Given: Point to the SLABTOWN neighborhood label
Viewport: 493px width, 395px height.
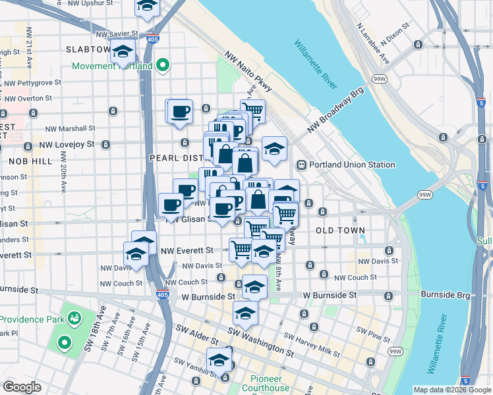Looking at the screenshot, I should tap(88, 49).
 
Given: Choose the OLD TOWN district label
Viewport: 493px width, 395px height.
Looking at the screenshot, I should tap(340, 230).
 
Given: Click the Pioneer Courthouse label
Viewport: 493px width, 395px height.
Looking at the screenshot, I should tap(270, 383).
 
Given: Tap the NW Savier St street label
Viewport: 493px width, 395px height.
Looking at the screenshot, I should tap(117, 34).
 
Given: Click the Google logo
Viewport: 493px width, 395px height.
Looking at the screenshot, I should tap(22, 387).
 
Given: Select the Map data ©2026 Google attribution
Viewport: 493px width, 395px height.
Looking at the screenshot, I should tap(451, 390).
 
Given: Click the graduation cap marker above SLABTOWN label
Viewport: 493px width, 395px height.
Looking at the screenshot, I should tap(147, 7).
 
